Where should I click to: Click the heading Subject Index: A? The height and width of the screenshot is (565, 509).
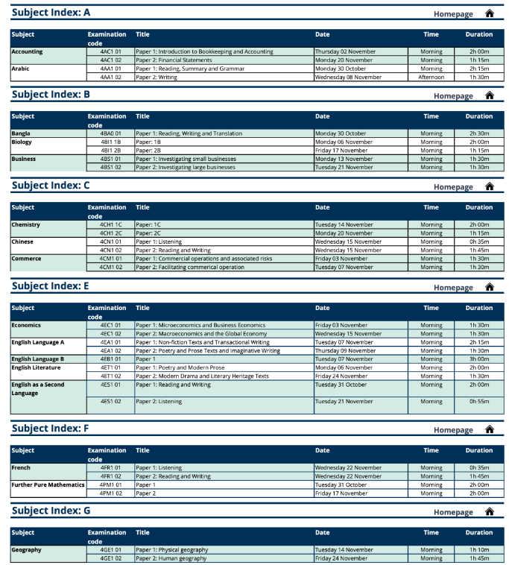[51, 13]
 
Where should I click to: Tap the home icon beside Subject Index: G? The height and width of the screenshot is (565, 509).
[490, 512]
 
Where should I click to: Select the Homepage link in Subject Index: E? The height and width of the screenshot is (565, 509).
[453, 288]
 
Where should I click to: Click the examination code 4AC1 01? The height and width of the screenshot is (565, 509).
[110, 51]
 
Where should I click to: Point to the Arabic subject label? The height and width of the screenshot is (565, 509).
[20, 69]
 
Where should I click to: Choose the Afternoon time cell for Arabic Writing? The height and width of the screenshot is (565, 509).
[431, 77]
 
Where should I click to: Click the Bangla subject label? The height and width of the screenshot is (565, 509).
[21, 133]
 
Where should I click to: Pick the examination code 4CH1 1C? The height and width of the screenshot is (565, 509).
[110, 224]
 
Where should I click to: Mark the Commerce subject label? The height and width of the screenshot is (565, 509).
[25, 259]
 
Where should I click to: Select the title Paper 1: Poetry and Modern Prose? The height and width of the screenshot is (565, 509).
[180, 367]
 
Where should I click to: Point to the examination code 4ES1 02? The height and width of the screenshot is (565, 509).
[110, 401]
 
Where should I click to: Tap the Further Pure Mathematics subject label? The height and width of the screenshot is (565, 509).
[48, 484]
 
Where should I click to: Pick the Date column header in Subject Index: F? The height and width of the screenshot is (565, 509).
[322, 450]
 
